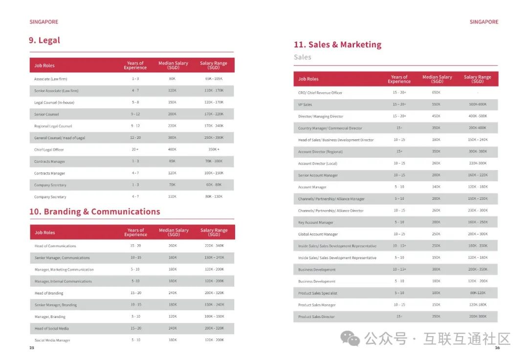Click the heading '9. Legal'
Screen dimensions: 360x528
point(44,41)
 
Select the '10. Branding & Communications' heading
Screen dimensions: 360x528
point(95,212)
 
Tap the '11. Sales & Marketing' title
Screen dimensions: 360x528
point(337,44)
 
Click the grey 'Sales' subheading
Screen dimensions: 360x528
point(303,57)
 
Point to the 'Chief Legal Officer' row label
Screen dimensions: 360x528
point(49,150)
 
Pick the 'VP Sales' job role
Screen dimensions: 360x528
point(305,105)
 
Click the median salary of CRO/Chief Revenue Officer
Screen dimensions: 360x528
point(436,93)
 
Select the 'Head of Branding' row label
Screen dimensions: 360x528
point(49,293)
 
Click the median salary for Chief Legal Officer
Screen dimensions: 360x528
point(172,150)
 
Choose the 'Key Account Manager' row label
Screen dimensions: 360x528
point(316,223)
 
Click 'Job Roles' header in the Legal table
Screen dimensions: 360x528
point(44,65)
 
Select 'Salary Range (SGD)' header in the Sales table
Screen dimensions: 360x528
point(477,79)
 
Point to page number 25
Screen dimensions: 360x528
point(32,348)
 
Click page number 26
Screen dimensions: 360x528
point(497,348)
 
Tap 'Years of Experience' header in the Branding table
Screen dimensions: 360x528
point(135,233)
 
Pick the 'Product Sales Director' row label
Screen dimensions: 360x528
point(316,317)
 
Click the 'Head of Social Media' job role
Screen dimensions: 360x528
point(48,329)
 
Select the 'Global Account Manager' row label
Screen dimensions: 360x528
point(318,234)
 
